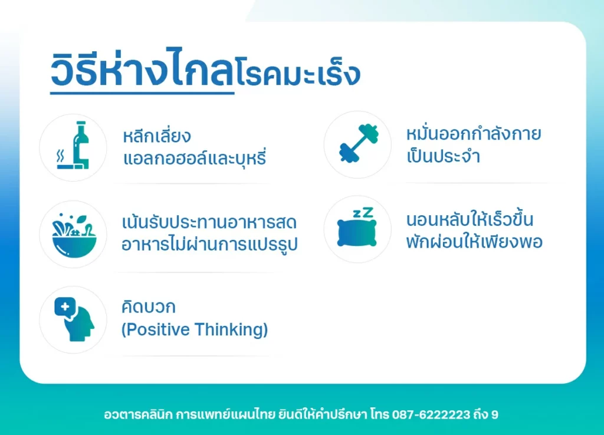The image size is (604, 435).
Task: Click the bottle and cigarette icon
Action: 73,146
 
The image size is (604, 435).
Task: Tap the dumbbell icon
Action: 359,143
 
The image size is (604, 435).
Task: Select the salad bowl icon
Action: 74,235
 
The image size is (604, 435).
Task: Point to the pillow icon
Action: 357,233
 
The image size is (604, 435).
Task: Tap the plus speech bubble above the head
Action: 65,308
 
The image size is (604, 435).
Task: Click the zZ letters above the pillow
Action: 363,213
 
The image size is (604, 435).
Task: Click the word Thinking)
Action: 231,329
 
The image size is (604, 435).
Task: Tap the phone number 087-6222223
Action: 431,414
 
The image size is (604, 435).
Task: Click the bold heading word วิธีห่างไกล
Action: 142,68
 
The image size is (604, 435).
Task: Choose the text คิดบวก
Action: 148,307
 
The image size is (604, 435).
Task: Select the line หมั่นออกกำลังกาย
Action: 474,133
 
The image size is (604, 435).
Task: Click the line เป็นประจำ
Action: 443,156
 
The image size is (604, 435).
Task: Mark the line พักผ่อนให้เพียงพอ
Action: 474,241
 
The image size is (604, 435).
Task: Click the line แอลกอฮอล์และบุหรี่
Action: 195,157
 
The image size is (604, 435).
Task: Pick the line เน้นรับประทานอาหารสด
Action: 209,222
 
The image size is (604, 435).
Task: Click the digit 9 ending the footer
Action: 495,414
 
